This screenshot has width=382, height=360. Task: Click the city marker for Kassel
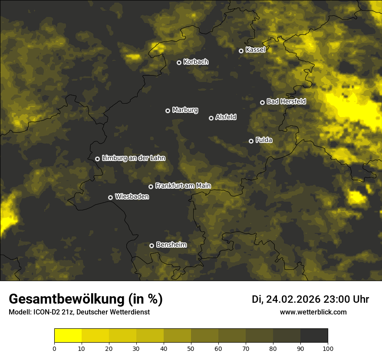coord(241,51)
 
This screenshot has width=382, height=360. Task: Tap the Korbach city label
coord(196,62)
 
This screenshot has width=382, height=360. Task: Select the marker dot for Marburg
coord(168,111)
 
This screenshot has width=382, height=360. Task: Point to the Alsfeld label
coord(226,117)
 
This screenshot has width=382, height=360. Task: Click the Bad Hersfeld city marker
coord(262,102)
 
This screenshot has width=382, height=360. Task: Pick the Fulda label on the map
coord(264,140)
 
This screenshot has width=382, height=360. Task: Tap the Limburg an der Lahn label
coord(134,158)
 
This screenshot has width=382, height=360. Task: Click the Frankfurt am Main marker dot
coord(151,187)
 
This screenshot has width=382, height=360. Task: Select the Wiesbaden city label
coord(132,196)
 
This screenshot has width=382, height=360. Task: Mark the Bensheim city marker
coord(151,245)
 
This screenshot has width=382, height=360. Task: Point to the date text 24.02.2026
coord(293,299)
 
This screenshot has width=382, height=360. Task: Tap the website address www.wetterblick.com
coord(313,312)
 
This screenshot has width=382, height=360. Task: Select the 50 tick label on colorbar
coord(191,348)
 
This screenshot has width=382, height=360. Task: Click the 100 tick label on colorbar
coord(328,348)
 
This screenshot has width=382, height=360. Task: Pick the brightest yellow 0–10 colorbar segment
coord(68,336)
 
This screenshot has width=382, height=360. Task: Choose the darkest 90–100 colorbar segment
coord(314,336)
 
